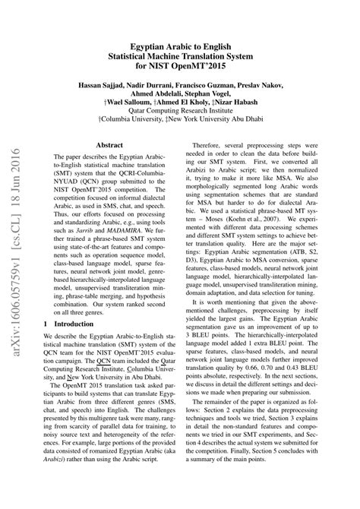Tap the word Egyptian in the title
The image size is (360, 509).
tap(153, 46)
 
